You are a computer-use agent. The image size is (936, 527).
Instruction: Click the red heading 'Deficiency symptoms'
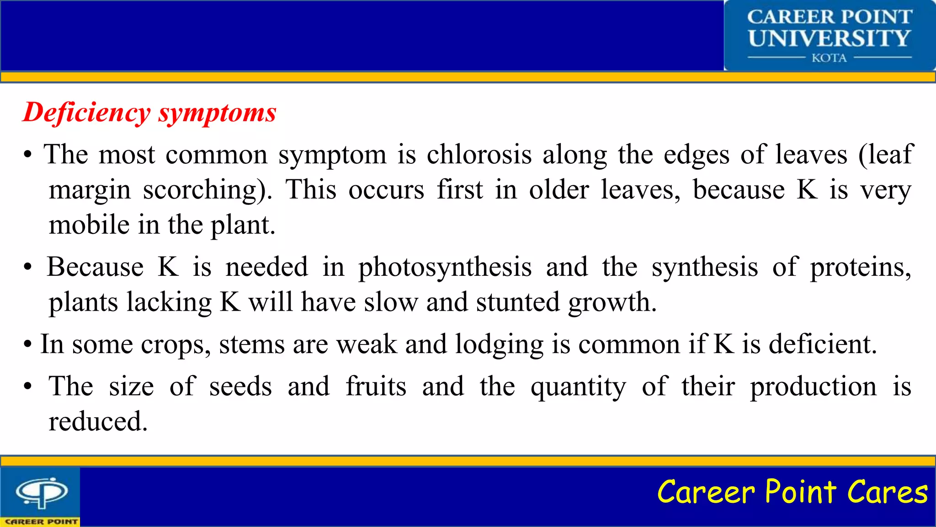pos(149,113)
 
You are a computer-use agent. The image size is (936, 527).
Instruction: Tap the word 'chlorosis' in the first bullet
pos(479,155)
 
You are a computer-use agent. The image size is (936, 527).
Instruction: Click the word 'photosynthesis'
pos(445,267)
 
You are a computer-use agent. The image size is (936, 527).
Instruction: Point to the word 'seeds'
pos(240,387)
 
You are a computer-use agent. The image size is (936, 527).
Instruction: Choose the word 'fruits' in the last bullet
pos(376,387)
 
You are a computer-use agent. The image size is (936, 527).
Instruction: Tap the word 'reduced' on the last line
pos(98,422)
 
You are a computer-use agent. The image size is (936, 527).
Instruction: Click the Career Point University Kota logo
pos(829,36)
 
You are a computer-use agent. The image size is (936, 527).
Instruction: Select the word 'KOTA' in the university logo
pos(829,58)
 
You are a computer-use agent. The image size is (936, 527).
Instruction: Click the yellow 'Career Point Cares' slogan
pos(792,492)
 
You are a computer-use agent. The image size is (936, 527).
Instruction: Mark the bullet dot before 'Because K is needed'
pos(28,268)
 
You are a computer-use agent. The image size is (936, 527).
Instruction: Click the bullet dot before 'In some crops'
pos(28,345)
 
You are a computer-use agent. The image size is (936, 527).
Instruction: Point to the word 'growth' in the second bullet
pos(612,302)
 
